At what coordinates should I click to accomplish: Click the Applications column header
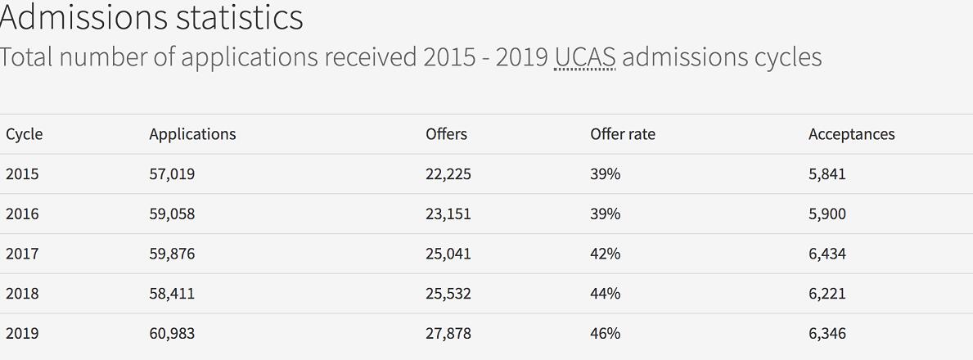tap(192, 134)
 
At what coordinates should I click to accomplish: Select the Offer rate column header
tap(623, 134)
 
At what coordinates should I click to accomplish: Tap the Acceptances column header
tap(851, 134)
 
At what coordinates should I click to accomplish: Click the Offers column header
tap(446, 134)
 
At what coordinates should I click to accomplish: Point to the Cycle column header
tap(24, 134)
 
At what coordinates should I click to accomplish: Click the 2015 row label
tap(22, 174)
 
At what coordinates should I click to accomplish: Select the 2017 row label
tap(22, 254)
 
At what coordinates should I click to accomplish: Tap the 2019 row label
tap(22, 334)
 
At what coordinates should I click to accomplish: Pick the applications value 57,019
tap(172, 174)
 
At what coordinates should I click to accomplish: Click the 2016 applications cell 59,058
tap(172, 214)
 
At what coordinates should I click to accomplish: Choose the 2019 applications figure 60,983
tap(172, 334)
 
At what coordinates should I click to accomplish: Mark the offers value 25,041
tap(448, 254)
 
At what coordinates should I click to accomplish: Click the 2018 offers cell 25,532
tap(448, 294)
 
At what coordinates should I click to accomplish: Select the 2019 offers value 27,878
tap(448, 334)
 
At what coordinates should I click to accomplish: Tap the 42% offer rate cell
tap(606, 254)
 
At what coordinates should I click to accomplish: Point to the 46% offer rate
tap(606, 334)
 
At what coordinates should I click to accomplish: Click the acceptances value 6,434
tap(827, 254)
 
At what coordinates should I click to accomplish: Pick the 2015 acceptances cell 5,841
tap(827, 174)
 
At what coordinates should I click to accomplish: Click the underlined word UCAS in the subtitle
tap(584, 57)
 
